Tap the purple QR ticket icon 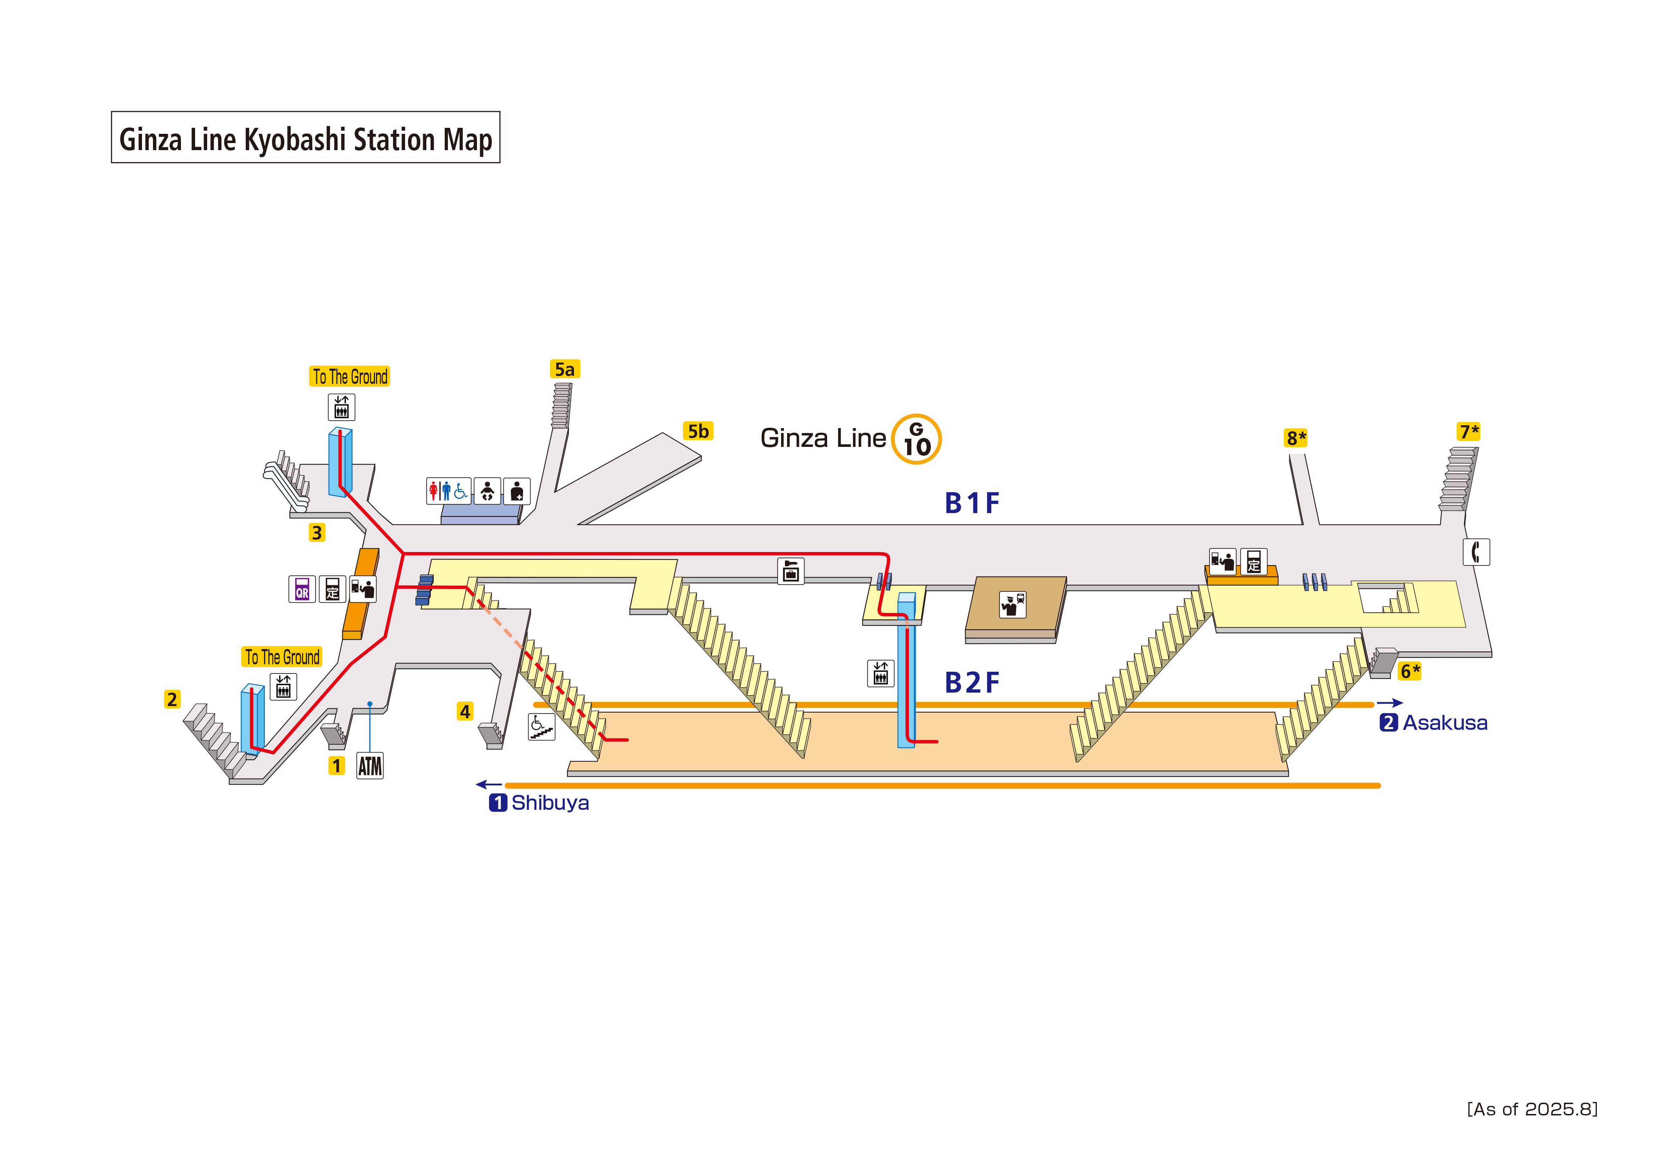(x=301, y=590)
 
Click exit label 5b (x=698, y=431)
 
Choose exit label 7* (x=1468, y=431)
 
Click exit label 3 (x=317, y=533)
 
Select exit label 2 (x=172, y=699)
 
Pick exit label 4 (x=465, y=711)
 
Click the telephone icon (x=1476, y=552)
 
